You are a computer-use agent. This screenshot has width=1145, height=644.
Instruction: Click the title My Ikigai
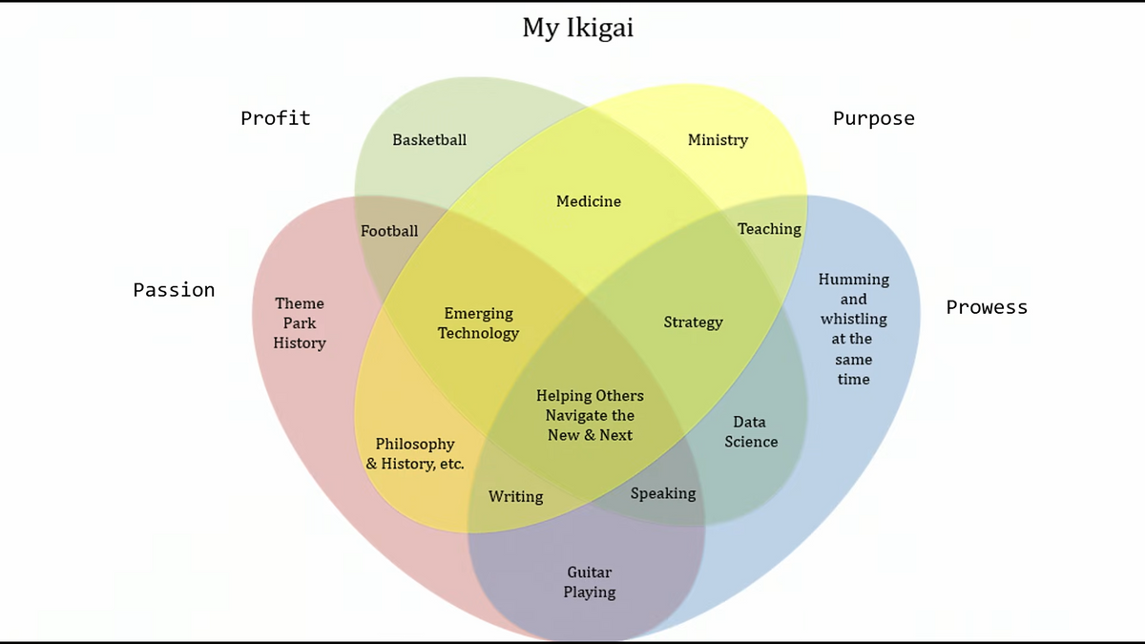click(x=577, y=29)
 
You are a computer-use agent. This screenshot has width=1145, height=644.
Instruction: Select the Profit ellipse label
click(x=275, y=118)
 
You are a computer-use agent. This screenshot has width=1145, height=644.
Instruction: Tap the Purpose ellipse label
click(x=873, y=118)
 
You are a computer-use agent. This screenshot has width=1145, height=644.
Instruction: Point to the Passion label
click(x=174, y=290)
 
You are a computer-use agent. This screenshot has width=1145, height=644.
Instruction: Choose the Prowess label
click(x=987, y=307)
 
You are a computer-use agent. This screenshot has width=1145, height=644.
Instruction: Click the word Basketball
click(x=429, y=140)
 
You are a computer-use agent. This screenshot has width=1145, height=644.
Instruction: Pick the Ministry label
click(x=718, y=140)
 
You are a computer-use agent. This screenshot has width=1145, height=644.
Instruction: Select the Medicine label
click(x=589, y=201)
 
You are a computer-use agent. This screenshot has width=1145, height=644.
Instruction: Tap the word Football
click(x=389, y=231)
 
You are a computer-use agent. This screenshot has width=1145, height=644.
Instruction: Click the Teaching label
click(x=769, y=229)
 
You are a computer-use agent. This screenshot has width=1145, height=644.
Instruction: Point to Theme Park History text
click(x=300, y=323)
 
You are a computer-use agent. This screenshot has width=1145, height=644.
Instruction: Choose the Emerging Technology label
click(x=478, y=323)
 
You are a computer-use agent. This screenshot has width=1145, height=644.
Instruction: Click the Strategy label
click(x=693, y=322)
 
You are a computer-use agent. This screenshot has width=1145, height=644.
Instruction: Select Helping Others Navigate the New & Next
click(x=590, y=415)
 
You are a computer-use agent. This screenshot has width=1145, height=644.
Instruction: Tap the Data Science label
click(x=751, y=432)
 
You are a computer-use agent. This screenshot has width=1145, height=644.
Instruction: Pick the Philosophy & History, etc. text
click(x=415, y=454)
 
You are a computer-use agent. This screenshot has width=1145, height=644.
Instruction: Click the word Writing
click(x=515, y=497)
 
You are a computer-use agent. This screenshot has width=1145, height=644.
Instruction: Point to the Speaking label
click(x=663, y=493)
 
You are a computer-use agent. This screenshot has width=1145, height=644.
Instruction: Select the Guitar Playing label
click(x=590, y=582)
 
